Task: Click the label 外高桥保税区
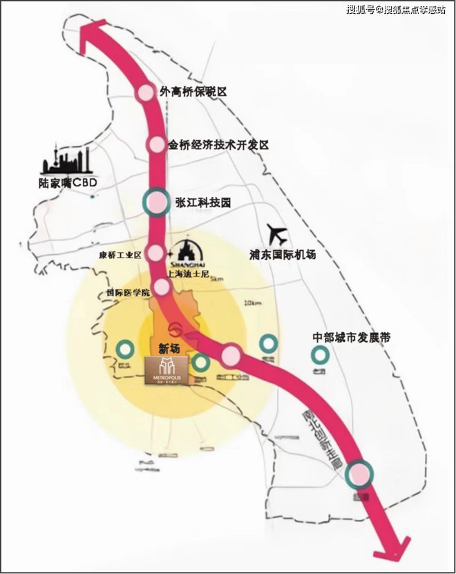[x=193, y=91]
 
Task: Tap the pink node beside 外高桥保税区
[x=146, y=93]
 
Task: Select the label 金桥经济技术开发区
[x=218, y=145]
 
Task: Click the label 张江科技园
[x=202, y=202]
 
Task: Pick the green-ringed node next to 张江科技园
[x=156, y=202]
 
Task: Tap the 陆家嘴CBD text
[x=68, y=184]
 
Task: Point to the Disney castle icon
[x=184, y=253]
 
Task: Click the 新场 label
[x=169, y=349]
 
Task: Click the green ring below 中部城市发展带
[x=319, y=355]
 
